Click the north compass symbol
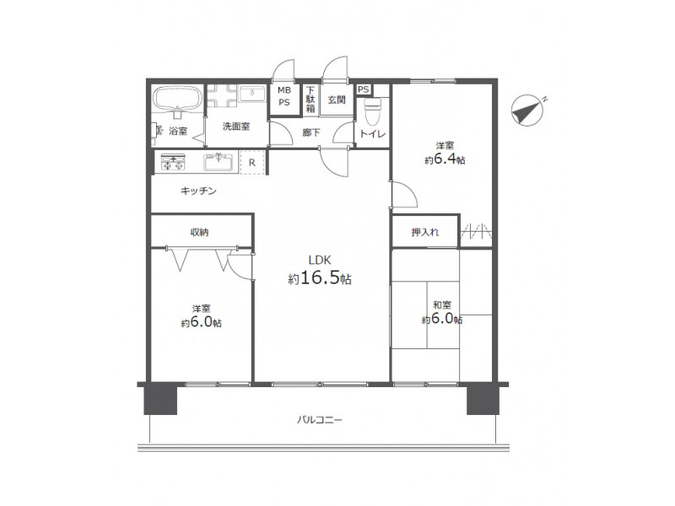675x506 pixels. tap(527, 110)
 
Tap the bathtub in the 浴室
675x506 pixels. tap(178, 100)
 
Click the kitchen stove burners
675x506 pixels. tap(173, 162)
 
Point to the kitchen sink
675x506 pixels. tap(219, 162)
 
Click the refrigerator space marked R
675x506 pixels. tap(251, 163)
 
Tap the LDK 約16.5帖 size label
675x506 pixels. tap(320, 272)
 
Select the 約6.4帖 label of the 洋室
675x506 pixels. tap(445, 160)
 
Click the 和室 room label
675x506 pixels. tap(442, 305)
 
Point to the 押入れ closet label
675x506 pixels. tap(425, 233)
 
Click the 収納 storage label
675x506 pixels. tap(200, 233)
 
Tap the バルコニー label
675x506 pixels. tap(320, 419)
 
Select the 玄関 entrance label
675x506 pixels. tap(337, 100)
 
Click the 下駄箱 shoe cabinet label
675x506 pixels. tap(310, 100)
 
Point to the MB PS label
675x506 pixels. tap(284, 96)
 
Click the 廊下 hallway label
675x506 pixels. tap(311, 132)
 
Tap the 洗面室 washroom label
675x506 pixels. tap(236, 126)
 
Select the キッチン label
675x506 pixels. tap(198, 191)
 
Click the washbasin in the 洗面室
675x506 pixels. tap(252, 94)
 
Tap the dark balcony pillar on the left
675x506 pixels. tap(160, 399)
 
